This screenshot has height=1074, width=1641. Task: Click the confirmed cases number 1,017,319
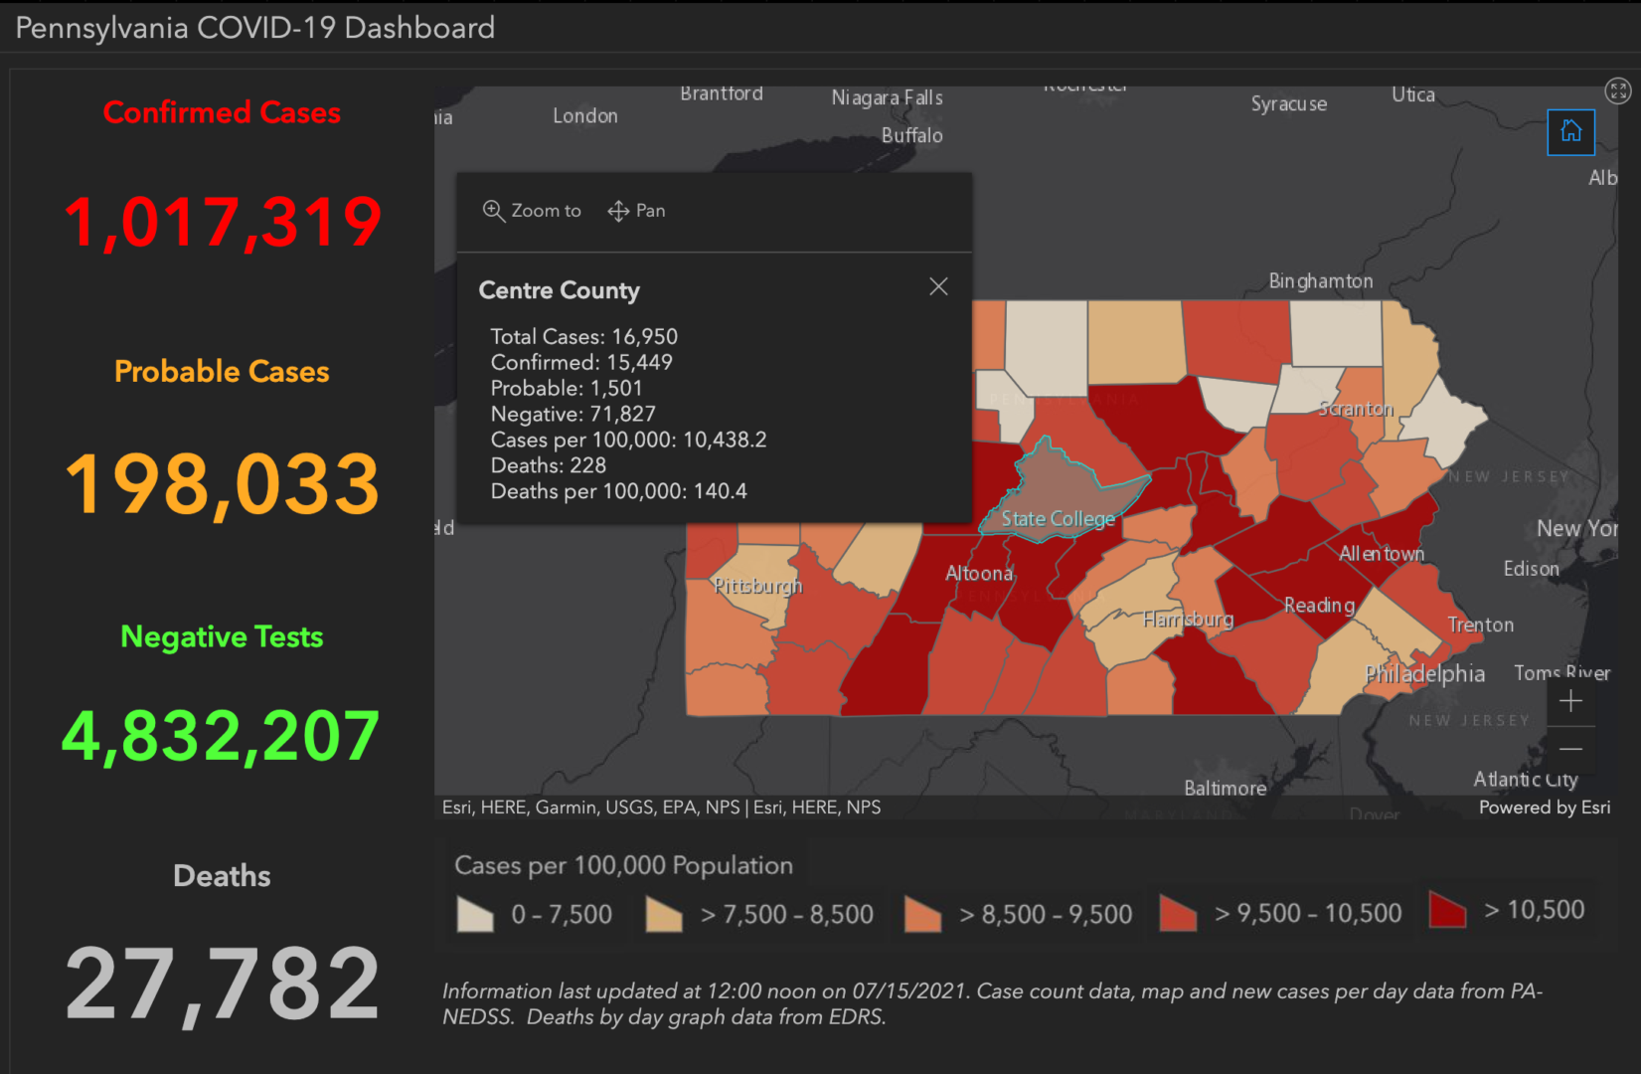click(222, 221)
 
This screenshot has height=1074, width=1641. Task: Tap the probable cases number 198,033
click(222, 484)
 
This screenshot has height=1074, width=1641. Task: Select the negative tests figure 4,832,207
click(221, 736)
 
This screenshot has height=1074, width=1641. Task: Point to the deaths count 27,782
click(222, 984)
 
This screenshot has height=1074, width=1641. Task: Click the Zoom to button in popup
click(532, 211)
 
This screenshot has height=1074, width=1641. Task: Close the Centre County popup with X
click(938, 286)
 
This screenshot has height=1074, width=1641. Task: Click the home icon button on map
click(1570, 131)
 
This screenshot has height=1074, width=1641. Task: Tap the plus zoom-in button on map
click(1570, 701)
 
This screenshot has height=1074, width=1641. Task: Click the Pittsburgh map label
click(757, 586)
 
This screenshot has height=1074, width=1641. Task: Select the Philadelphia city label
click(1424, 674)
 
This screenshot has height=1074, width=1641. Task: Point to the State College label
click(1058, 518)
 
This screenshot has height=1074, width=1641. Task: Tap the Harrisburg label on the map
click(1188, 620)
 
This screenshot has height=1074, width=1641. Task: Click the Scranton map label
click(1356, 409)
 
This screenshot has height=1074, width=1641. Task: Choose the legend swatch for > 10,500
click(1447, 910)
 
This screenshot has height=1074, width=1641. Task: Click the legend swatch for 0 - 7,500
click(475, 914)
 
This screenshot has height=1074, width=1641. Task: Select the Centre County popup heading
click(559, 290)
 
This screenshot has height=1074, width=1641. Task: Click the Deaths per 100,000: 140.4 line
click(618, 491)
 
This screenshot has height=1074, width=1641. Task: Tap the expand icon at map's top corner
click(1618, 91)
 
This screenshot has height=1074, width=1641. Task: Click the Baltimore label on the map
click(1225, 788)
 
